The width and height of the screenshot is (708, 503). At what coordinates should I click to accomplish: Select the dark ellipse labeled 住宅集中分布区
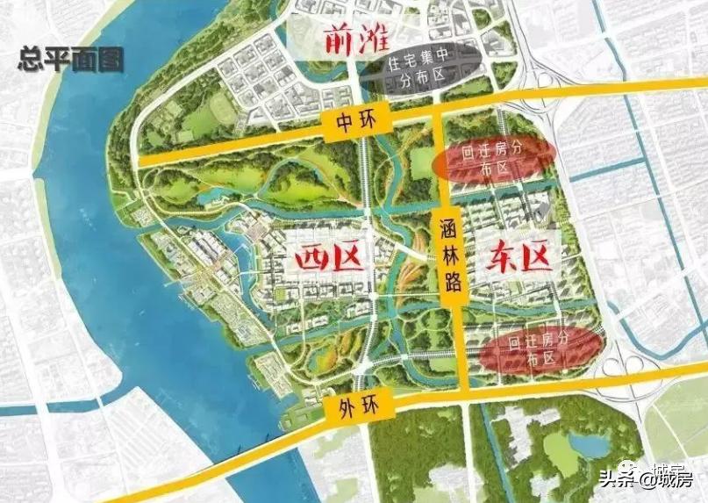420,67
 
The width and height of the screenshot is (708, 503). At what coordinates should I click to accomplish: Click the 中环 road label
354,123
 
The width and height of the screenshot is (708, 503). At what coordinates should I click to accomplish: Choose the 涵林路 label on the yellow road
452,256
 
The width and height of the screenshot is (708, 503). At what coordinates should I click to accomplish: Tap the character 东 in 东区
495,257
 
